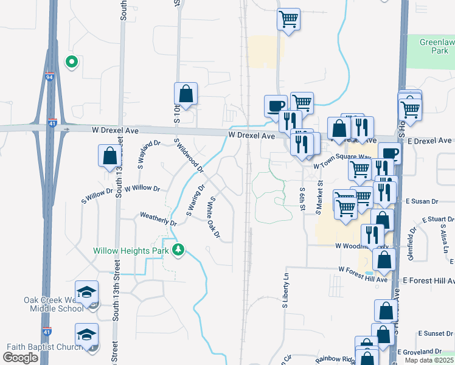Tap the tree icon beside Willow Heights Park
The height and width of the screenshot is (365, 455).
(178, 249)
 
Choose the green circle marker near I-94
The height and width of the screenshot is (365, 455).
(71, 61)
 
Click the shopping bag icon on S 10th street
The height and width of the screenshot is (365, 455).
(186, 94)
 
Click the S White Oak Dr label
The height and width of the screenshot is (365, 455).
(214, 217)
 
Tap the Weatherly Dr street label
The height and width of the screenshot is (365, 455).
(158, 219)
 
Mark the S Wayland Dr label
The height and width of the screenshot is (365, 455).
(149, 154)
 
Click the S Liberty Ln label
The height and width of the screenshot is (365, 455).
(284, 294)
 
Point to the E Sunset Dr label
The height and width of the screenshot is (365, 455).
(436, 335)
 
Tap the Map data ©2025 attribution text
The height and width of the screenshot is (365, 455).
(428, 360)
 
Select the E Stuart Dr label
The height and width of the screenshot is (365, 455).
(437, 220)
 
